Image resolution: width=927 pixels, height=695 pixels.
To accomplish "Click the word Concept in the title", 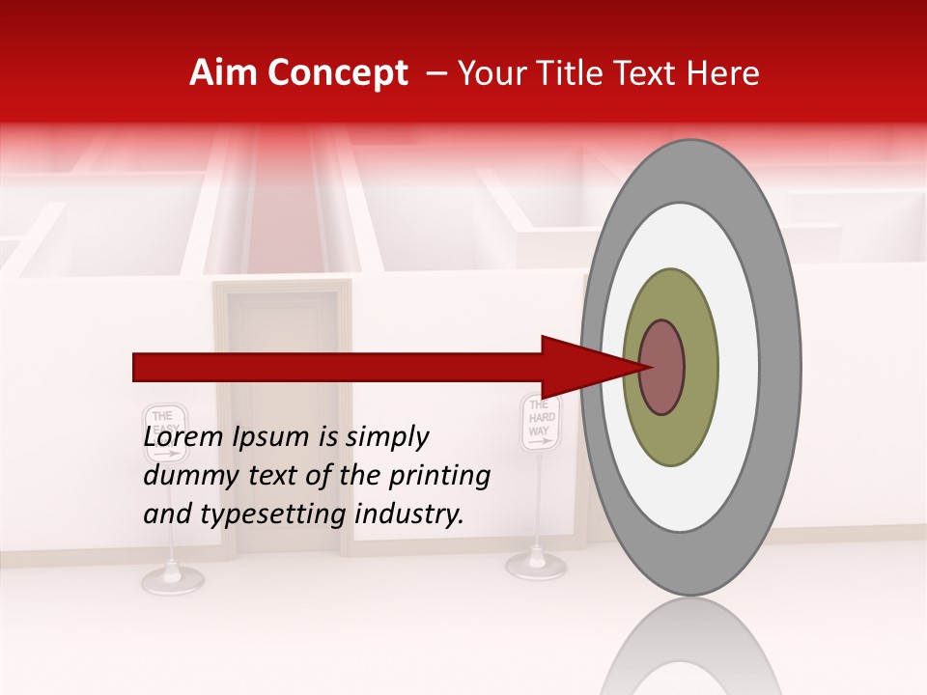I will point(336,73).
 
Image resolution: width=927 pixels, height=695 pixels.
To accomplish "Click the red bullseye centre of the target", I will point(662,367).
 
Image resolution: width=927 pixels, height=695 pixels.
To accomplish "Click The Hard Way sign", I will point(540,423).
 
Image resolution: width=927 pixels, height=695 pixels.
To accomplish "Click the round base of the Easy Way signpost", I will point(173,580).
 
